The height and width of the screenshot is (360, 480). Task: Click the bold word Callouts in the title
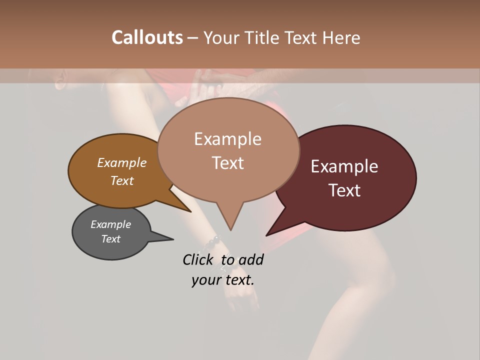147,37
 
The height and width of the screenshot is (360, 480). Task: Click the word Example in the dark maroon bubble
344,166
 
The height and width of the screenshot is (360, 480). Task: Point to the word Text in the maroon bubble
344,190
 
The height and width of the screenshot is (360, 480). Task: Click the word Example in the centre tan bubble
227,139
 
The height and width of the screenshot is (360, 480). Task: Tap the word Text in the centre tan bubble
227,163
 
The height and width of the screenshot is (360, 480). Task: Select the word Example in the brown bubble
121,162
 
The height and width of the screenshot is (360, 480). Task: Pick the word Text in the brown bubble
121,180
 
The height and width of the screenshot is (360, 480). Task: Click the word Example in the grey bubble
110,224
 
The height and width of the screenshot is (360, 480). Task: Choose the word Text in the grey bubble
110,239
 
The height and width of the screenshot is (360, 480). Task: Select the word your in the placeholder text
205,280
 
